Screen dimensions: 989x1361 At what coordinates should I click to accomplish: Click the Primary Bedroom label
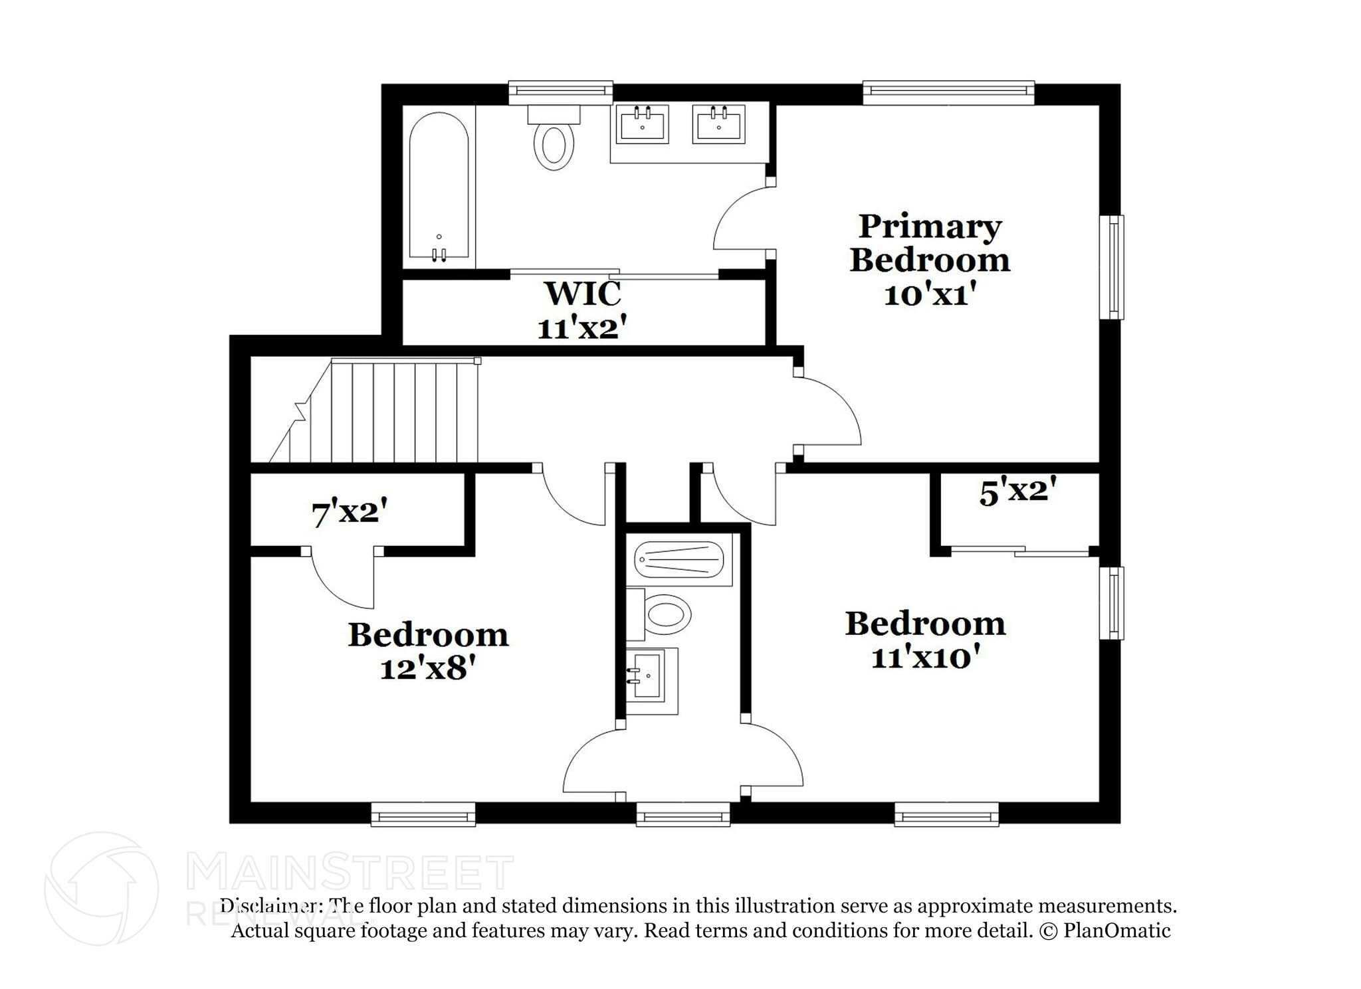click(929, 243)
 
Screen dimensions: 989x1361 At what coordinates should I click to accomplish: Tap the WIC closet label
click(582, 293)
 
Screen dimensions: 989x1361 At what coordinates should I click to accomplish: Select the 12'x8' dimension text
click(429, 669)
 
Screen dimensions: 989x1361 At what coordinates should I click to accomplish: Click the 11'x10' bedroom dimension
click(926, 658)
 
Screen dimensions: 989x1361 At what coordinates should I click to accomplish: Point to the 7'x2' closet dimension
click(350, 513)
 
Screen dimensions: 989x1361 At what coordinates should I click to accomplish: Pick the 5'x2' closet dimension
click(1017, 492)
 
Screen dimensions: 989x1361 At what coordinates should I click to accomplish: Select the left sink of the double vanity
click(642, 124)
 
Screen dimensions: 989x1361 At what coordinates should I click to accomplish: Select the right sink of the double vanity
click(718, 124)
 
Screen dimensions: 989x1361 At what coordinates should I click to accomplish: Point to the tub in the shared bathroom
click(679, 561)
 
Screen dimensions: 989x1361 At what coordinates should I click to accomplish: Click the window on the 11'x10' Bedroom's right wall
click(1111, 603)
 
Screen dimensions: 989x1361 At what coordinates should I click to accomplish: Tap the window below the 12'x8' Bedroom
click(423, 814)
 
